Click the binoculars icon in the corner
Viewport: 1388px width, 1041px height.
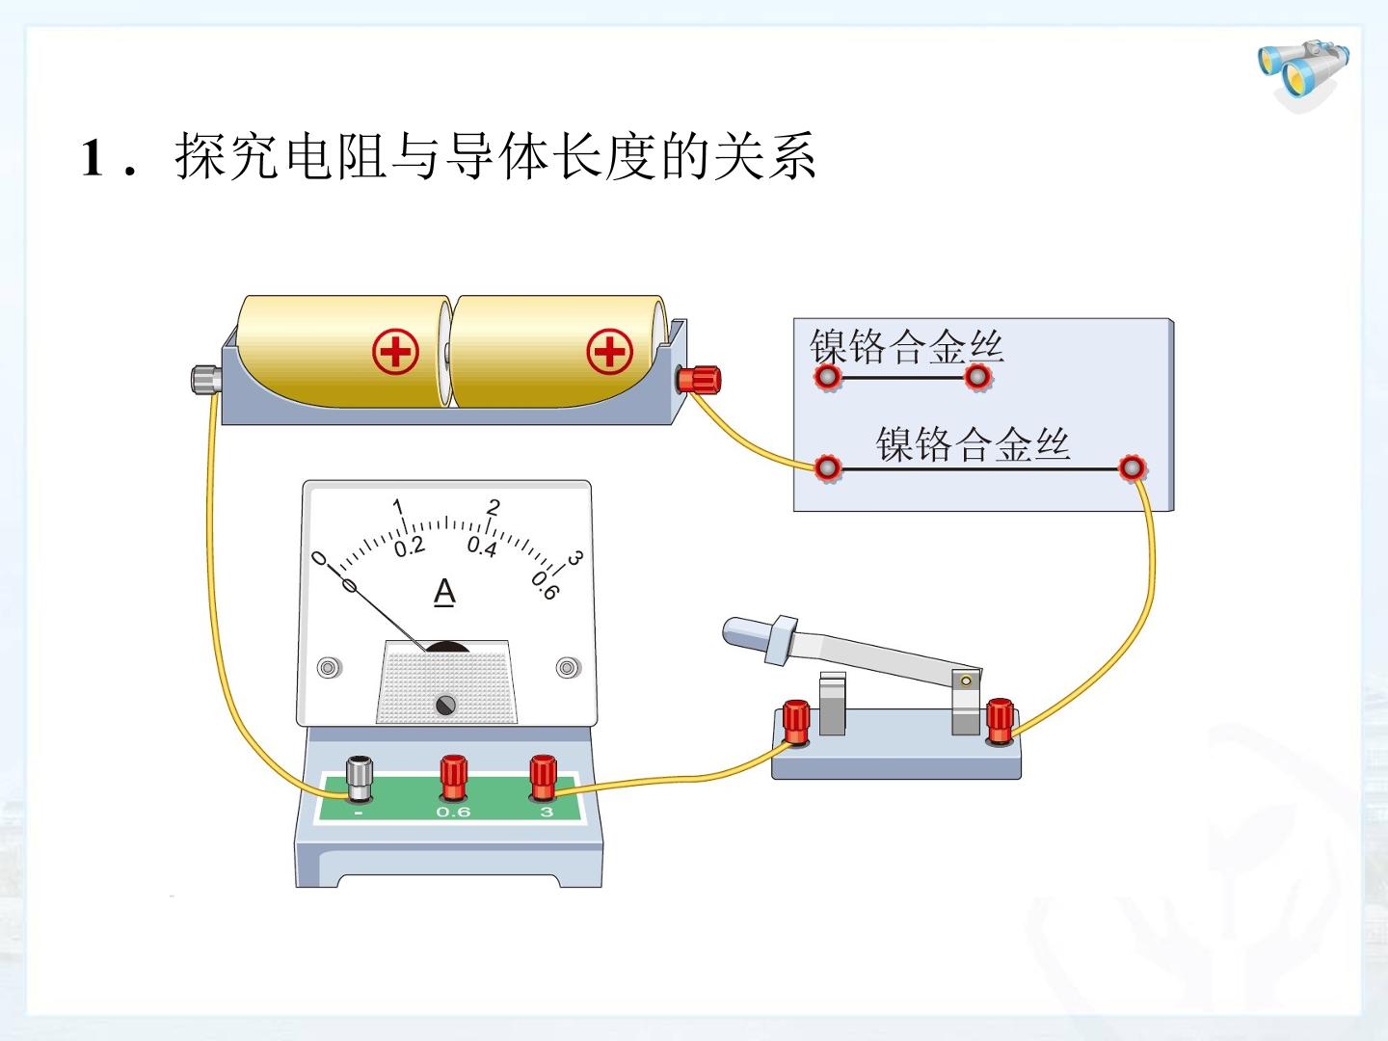click(x=1302, y=74)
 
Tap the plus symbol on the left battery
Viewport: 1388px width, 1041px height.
click(x=395, y=352)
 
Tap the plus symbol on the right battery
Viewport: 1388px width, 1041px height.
click(x=609, y=352)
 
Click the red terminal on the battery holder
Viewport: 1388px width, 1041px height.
click(x=699, y=380)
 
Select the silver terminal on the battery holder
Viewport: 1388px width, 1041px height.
click(x=206, y=379)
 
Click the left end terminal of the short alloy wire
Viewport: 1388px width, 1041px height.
click(x=828, y=377)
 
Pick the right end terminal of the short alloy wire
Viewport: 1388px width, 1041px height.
click(x=977, y=377)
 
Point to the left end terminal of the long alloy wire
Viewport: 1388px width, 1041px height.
click(x=828, y=468)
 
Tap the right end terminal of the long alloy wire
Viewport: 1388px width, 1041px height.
click(x=1132, y=468)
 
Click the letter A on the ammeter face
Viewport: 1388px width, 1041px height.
click(x=444, y=593)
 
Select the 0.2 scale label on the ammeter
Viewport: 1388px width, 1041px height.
click(x=410, y=547)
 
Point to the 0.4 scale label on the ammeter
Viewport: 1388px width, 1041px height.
click(x=482, y=547)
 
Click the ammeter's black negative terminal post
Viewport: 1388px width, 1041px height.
click(x=360, y=780)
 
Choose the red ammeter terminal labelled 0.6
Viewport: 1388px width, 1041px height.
click(x=453, y=778)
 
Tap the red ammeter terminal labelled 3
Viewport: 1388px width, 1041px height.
click(x=544, y=778)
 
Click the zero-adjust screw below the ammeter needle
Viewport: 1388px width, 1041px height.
click(x=446, y=704)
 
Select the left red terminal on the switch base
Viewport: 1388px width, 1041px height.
click(x=796, y=723)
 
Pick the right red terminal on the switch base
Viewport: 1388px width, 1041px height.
click(x=1000, y=721)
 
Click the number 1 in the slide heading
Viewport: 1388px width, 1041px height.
click(x=92, y=157)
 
